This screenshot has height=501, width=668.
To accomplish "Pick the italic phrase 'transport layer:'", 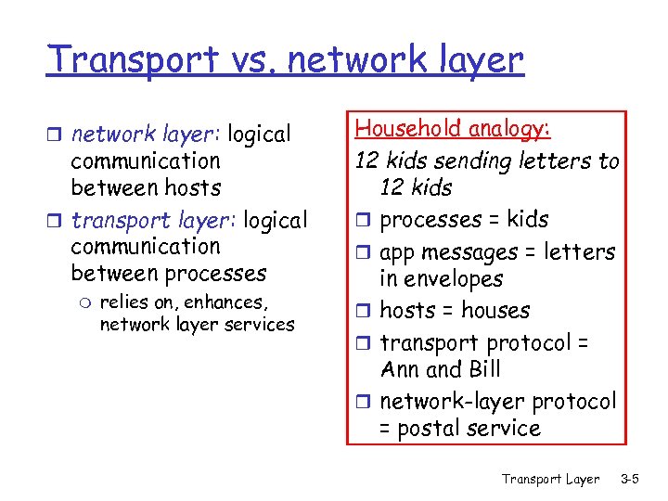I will coord(154,221).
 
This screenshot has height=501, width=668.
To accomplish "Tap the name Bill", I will coord(482,369).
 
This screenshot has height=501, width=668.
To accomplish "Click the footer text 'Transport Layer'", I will coord(550,479).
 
